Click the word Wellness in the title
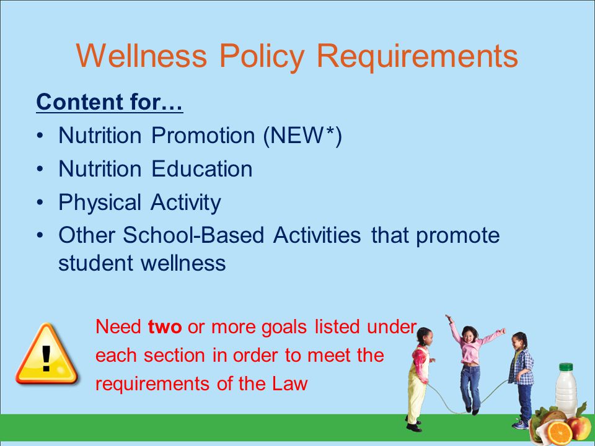click(x=141, y=55)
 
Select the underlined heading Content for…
click(x=110, y=102)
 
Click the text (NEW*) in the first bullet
click(x=303, y=136)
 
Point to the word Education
click(x=202, y=168)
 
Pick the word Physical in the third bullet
click(x=100, y=203)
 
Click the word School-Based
click(x=193, y=235)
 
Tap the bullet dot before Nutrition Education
click(x=40, y=168)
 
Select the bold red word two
click(x=165, y=326)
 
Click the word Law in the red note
click(x=289, y=383)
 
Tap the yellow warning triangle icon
click(x=46, y=354)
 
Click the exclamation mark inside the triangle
click(x=46, y=359)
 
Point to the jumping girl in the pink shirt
click(x=473, y=364)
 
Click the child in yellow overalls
click(x=420, y=379)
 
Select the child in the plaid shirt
click(x=521, y=380)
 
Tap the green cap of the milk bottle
click(x=566, y=367)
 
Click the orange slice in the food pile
click(x=559, y=433)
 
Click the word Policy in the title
click(x=262, y=57)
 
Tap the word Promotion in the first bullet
click(x=203, y=136)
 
